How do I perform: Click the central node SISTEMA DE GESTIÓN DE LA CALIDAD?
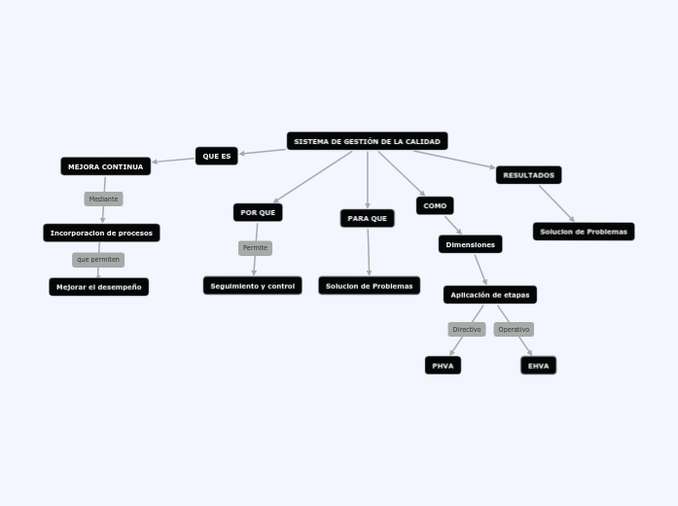tap(367, 141)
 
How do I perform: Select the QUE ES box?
tap(216, 156)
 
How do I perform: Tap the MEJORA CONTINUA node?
tap(105, 166)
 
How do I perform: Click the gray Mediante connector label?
tap(103, 199)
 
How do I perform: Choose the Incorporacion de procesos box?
tap(101, 233)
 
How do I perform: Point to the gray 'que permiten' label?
tap(98, 260)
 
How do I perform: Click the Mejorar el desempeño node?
tap(98, 287)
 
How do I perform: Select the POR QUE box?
tap(258, 212)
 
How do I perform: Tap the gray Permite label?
tap(255, 248)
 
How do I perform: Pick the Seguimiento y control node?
tap(252, 285)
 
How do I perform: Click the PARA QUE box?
tap(367, 218)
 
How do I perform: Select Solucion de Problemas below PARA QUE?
tap(369, 285)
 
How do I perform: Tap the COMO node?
tap(435, 205)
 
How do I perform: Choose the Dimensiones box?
tap(470, 244)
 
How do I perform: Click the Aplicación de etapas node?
tap(489, 294)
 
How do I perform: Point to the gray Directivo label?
tap(466, 329)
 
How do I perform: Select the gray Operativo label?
tap(514, 329)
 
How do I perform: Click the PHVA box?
tap(443, 365)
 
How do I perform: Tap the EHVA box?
tap(538, 365)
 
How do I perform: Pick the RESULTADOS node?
tap(528, 175)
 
